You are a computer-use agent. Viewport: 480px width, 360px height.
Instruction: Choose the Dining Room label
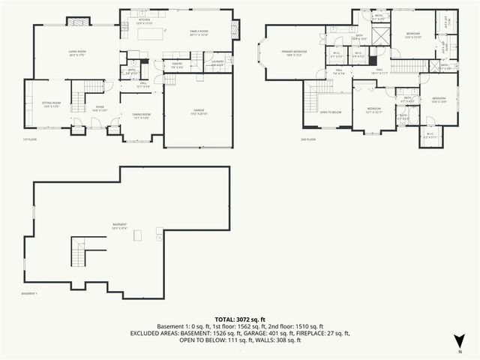pyautogui.click(x=142, y=115)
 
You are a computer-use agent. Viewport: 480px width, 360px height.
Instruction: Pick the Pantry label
pyautogui.click(x=177, y=64)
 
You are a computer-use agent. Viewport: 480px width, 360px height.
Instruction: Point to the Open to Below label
pyautogui.click(x=331, y=112)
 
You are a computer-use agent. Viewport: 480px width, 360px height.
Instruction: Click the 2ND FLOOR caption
pyautogui.click(x=309, y=139)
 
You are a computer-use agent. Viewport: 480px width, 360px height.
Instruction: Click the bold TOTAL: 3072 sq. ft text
pyautogui.click(x=240, y=319)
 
